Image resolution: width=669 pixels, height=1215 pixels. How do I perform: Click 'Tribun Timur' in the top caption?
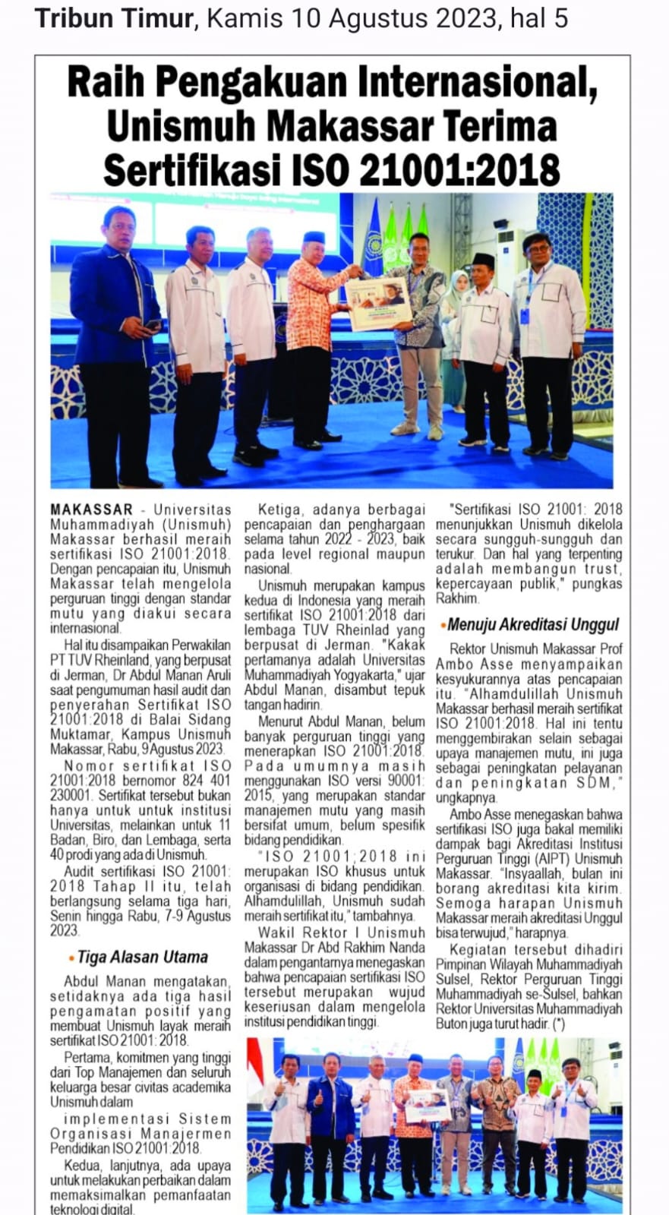click(114, 18)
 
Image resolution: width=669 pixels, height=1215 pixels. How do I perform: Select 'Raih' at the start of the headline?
click(97, 84)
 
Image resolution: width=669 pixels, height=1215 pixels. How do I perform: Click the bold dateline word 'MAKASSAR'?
click(91, 510)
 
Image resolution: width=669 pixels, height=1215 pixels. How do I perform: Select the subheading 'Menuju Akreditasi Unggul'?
click(532, 624)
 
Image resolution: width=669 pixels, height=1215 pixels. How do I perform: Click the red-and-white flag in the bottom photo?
click(256, 1063)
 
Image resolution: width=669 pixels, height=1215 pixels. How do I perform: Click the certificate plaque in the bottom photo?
click(427, 1105)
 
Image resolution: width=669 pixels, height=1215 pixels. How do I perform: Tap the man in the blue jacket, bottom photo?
click(330, 1109)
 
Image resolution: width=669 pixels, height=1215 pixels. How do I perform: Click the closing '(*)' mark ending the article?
click(560, 1024)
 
